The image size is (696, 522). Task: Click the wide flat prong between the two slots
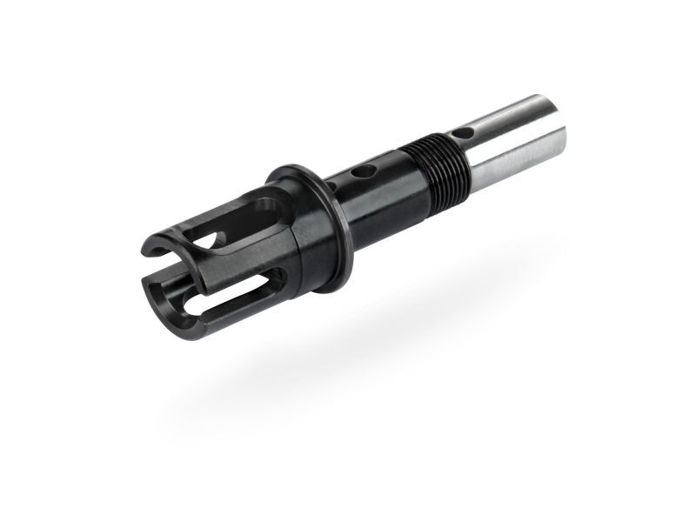(231, 261)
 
